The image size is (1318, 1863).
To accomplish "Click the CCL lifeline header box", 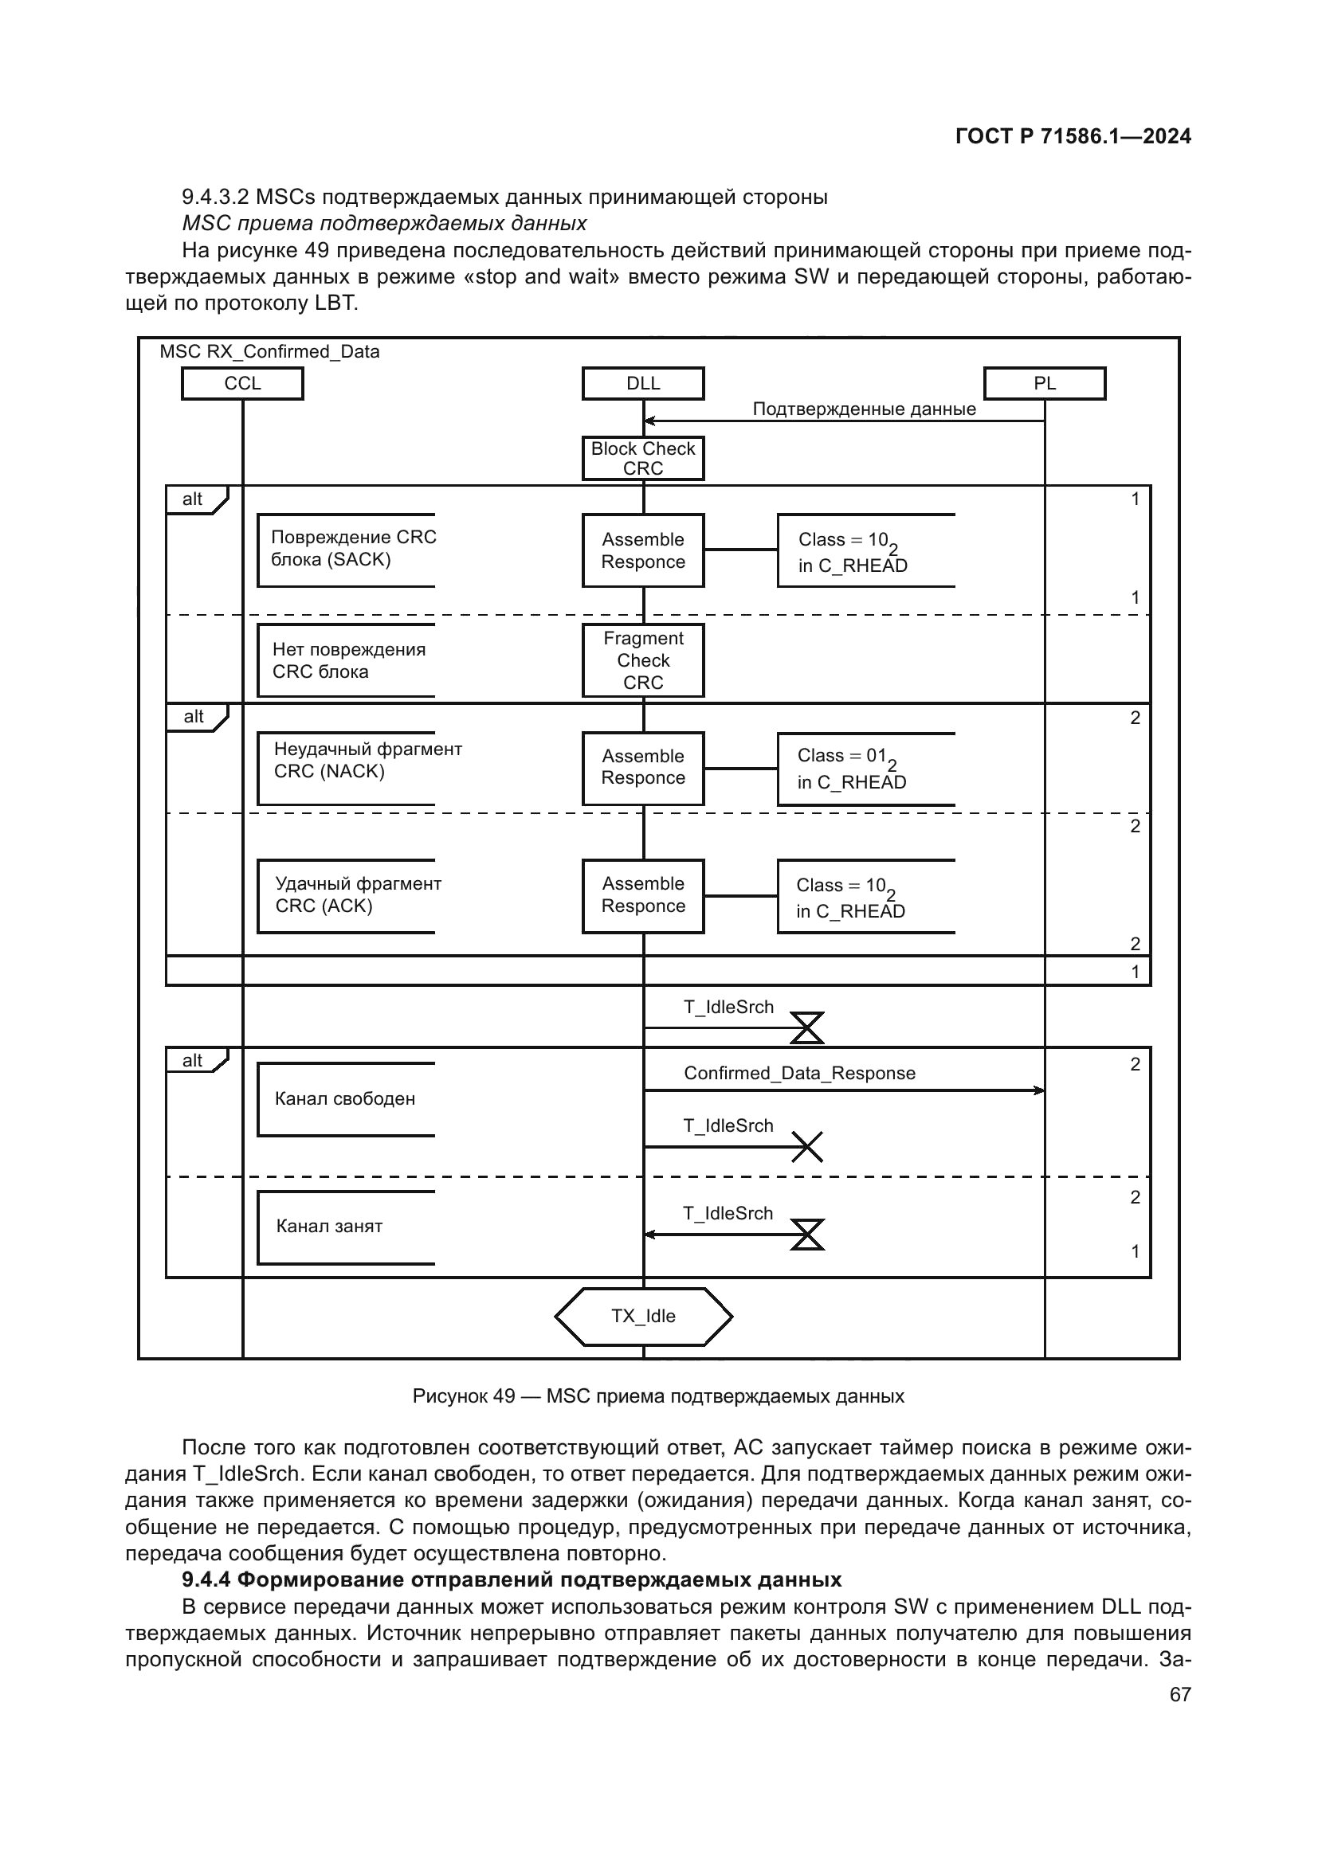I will [242, 383].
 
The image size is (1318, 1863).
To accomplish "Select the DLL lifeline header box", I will [643, 383].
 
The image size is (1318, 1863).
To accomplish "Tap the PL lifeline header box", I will [1044, 383].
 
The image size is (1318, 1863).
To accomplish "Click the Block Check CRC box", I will [643, 459].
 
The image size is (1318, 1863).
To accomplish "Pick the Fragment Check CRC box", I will [643, 660].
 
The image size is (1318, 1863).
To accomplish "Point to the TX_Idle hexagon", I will [643, 1316].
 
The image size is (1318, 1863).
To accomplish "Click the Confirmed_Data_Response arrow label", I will [799, 1073].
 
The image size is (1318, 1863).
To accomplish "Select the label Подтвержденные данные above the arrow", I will [864, 409].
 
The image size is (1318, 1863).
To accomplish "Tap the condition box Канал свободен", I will [346, 1098].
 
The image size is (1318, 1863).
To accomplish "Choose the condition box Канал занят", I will [346, 1226].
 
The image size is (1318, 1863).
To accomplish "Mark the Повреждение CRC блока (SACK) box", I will [346, 550].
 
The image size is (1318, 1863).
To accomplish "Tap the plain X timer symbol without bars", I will [806, 1146].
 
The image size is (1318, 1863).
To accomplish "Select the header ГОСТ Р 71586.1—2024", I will [1073, 136].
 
